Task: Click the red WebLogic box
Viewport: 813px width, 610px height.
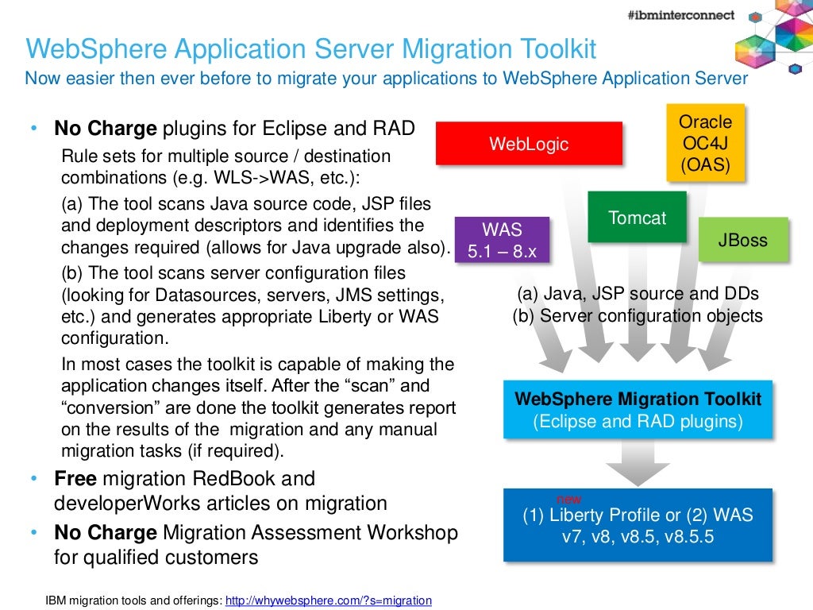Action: pyautogui.click(x=529, y=144)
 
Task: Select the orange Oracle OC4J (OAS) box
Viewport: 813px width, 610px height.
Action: pyautogui.click(x=705, y=144)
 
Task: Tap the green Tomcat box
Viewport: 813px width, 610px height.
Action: pyautogui.click(x=637, y=217)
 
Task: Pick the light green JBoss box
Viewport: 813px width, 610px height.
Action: pyautogui.click(x=743, y=239)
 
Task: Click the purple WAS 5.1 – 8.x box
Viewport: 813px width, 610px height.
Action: pyautogui.click(x=502, y=239)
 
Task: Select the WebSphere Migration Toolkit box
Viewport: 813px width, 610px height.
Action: pyautogui.click(x=638, y=410)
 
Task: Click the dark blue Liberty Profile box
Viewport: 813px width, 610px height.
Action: pyautogui.click(x=638, y=526)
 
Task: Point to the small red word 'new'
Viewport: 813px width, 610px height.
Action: pyautogui.click(x=568, y=499)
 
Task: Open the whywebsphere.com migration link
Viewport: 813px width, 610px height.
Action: pyautogui.click(x=329, y=600)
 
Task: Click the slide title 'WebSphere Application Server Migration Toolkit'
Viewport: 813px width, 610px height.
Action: pyautogui.click(x=310, y=49)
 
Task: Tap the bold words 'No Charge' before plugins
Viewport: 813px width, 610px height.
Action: pyautogui.click(x=106, y=129)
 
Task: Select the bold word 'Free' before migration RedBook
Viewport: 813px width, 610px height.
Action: pyautogui.click(x=75, y=479)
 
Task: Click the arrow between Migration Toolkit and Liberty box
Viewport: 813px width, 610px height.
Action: pyautogui.click(x=638, y=462)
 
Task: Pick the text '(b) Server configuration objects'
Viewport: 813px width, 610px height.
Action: pyautogui.click(x=638, y=315)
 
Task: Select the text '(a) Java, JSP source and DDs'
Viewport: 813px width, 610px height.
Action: pyautogui.click(x=638, y=294)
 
